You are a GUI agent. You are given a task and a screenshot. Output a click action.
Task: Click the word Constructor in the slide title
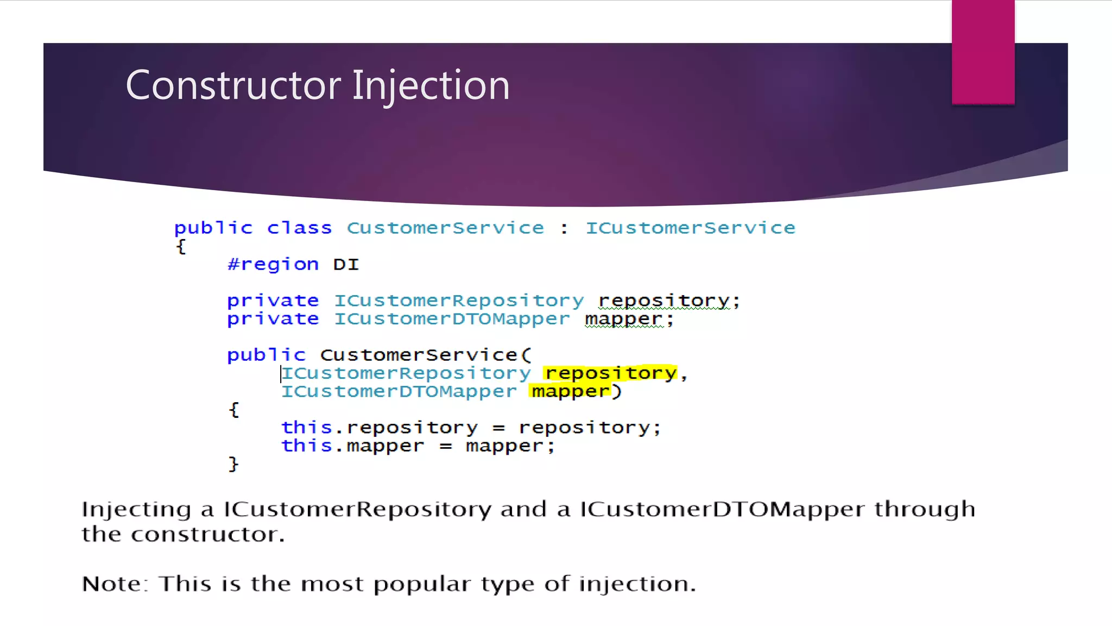[x=233, y=85]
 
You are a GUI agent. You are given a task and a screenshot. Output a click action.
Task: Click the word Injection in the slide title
[x=431, y=85]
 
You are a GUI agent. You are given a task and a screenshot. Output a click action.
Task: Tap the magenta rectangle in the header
[x=983, y=52]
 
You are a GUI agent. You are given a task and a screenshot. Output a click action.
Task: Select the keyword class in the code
[x=299, y=228]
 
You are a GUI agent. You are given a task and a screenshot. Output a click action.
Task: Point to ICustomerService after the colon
[x=690, y=228]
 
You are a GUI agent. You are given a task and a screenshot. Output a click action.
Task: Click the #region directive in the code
[x=273, y=264]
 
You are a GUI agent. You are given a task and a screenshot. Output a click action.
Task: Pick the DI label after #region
[x=346, y=264]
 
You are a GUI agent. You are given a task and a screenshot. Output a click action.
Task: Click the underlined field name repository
[x=664, y=301]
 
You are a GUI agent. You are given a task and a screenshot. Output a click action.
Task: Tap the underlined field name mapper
[x=624, y=319]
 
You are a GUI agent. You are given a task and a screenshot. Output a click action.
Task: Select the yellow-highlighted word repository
[x=610, y=373]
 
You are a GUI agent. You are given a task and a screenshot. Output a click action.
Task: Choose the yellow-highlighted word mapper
[x=570, y=391]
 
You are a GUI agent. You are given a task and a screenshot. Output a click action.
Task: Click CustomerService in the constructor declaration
[x=419, y=355]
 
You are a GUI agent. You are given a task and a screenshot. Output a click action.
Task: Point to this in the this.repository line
[x=306, y=428]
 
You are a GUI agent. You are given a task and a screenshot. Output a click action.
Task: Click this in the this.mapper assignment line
[x=306, y=446]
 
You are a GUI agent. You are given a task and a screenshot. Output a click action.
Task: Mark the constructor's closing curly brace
[x=233, y=464]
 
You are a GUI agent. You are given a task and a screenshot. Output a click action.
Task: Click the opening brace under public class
[x=181, y=246]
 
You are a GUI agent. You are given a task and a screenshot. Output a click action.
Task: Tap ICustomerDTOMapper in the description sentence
[x=722, y=509]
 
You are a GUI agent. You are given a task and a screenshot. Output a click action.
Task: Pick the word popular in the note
[x=422, y=584]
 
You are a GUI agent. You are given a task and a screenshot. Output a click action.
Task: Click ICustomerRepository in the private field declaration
[x=459, y=301]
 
